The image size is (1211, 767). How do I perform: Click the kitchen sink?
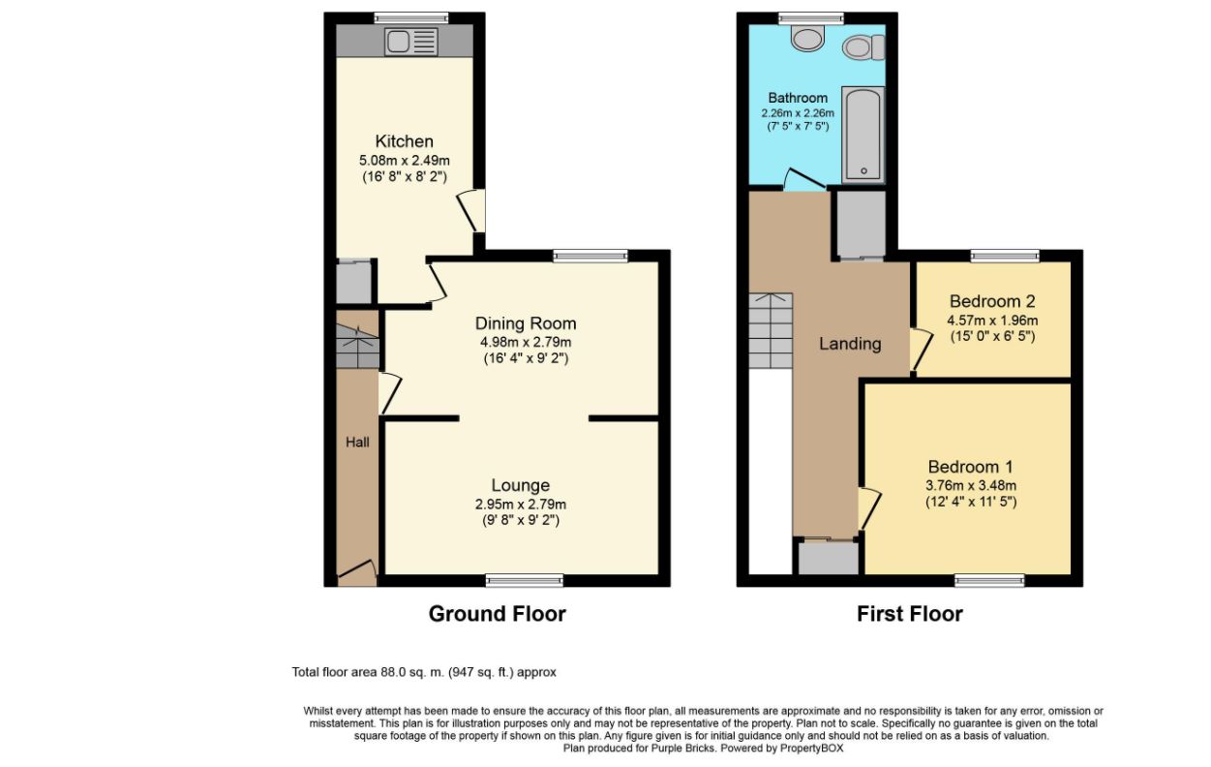pos(410,41)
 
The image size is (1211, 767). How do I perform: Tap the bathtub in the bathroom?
pos(863,135)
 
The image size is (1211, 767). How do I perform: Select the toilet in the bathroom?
pos(863,47)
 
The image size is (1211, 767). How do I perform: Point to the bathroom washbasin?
pos(807,38)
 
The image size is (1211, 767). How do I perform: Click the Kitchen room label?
pos(405,141)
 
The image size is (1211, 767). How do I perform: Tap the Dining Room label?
pos(526,323)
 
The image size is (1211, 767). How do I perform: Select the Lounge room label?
pos(521,485)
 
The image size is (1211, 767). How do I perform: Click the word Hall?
pos(357,443)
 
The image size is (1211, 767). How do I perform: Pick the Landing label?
pos(850,344)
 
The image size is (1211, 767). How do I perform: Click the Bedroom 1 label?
pos(970,467)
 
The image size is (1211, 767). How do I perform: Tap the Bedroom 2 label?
pos(992,301)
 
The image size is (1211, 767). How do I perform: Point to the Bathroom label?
pos(798,98)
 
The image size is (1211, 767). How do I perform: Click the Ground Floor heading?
pos(498,614)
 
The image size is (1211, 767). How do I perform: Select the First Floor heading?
pos(910,614)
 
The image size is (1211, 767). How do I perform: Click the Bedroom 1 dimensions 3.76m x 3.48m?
pos(971,485)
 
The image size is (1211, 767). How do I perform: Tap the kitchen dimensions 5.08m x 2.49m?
pos(405,161)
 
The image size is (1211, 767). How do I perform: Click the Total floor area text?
pos(424,672)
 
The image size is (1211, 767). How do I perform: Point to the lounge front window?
pos(525,581)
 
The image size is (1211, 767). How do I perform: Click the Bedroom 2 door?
pos(922,350)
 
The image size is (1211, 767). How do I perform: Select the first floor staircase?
pos(771,331)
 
